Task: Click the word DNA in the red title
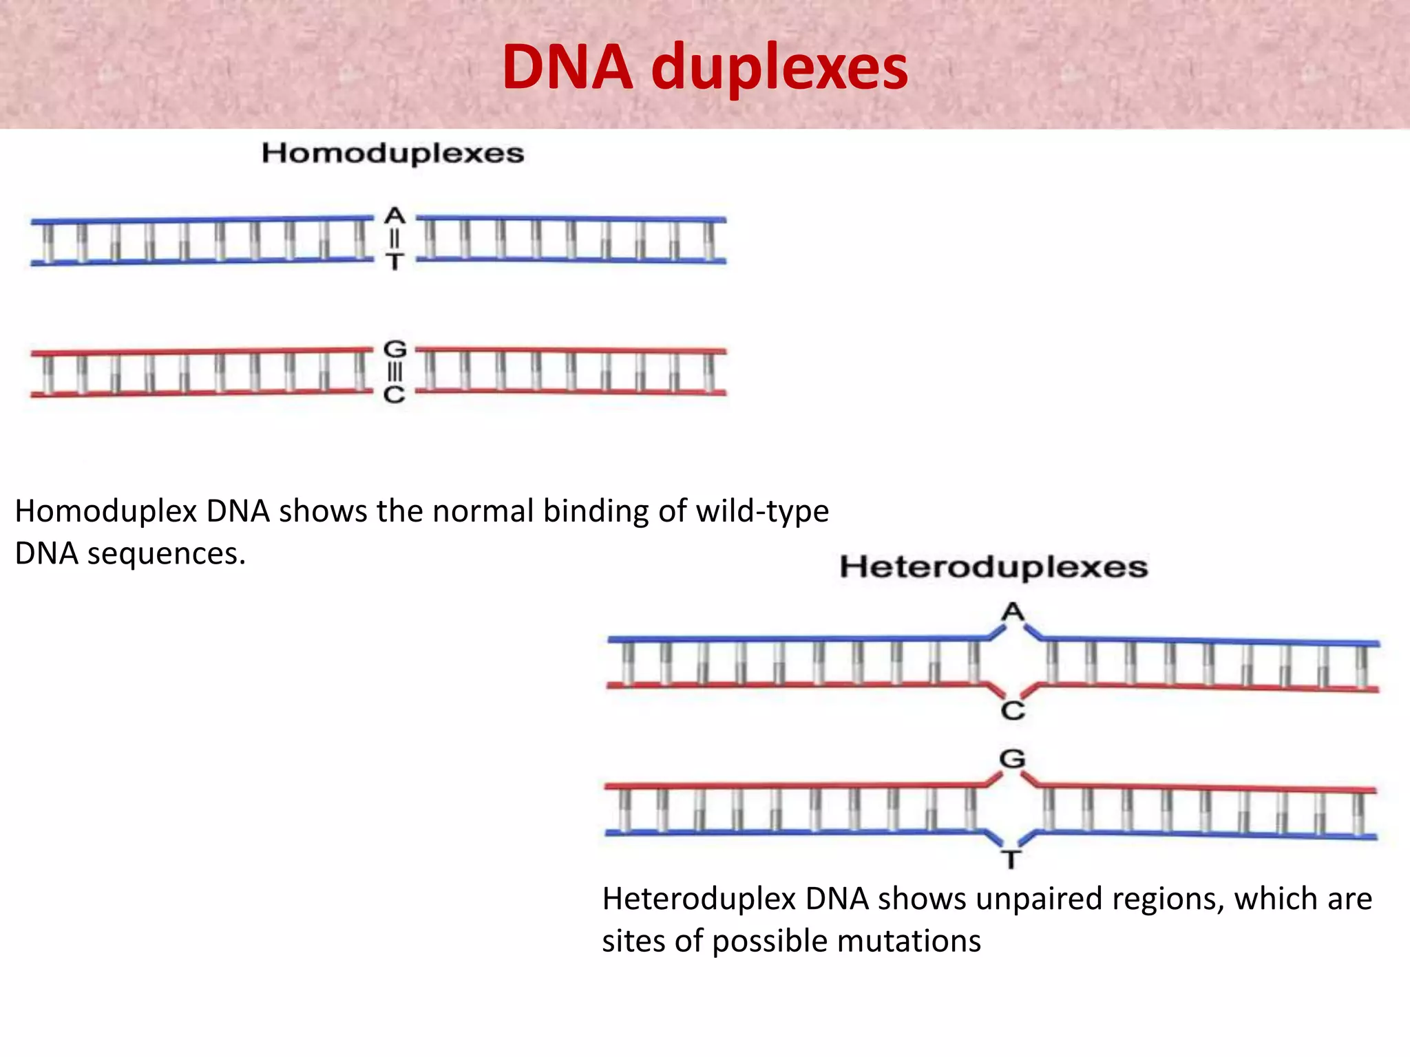(567, 67)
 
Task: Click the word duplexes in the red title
(779, 69)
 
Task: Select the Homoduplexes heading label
(392, 153)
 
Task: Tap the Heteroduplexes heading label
(993, 567)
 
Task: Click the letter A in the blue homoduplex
(394, 215)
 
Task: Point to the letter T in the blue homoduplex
(394, 261)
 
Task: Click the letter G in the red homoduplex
(394, 349)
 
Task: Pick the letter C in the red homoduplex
(394, 394)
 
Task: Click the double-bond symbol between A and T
(394, 238)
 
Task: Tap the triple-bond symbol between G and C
(394, 372)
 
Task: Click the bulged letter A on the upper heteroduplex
(1013, 611)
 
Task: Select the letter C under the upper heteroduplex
(1013, 710)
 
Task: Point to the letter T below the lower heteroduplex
(1011, 860)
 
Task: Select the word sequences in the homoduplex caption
(166, 554)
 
